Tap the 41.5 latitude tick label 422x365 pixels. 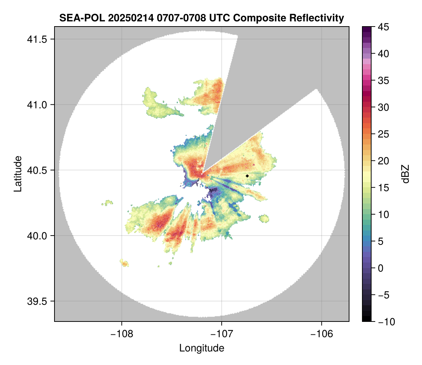coord(37,39)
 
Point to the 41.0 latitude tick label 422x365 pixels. coord(37,105)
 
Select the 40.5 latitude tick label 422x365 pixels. coord(37,170)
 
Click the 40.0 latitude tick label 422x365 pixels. coord(37,236)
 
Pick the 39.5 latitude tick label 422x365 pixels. coord(37,301)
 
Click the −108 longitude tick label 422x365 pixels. coord(122,334)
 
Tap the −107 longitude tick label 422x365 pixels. coord(222,334)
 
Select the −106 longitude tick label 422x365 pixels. coord(321,334)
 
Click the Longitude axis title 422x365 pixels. coord(201,348)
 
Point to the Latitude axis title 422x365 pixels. coord(18,174)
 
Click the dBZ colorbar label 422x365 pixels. coord(405,174)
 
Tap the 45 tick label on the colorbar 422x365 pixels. coord(383,27)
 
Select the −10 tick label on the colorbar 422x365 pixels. coord(387,321)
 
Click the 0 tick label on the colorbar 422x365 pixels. coord(380,268)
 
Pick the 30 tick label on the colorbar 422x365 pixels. coord(383,108)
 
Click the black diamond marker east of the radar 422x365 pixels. coord(247,176)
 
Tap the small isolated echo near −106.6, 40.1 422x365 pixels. coord(264,219)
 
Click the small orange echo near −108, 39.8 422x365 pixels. coord(124,263)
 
